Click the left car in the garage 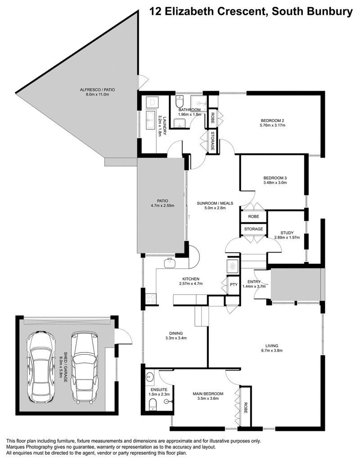41,367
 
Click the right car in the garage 85,367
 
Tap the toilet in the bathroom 180,101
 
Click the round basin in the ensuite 150,377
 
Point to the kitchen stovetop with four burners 151,299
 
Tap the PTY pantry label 234,285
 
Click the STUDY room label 287,233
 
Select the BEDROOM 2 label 272,120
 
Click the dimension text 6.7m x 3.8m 271,350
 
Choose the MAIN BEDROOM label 208,393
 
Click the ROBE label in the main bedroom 246,408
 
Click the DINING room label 176,333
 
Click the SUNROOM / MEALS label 215,203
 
